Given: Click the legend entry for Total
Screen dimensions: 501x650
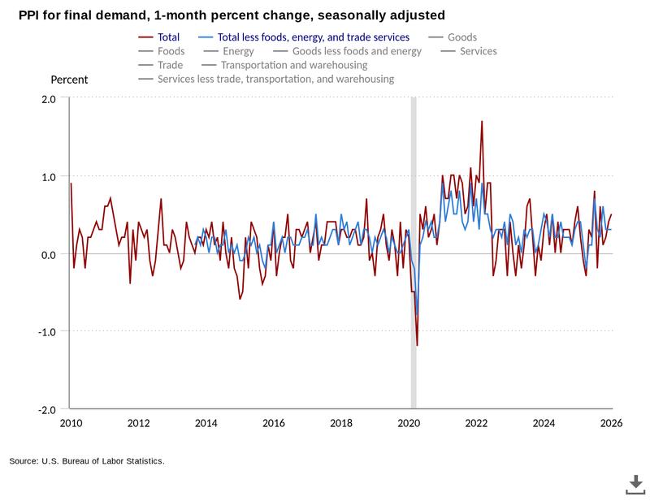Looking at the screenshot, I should [162, 37].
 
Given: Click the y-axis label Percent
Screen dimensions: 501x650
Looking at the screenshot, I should [69, 80].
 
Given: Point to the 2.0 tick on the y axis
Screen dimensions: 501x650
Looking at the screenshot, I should [49, 98].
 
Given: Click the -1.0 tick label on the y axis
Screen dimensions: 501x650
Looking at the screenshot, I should [47, 331].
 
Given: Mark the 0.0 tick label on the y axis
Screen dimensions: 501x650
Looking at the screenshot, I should [49, 254].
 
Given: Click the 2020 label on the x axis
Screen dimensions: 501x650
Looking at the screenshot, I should [409, 423].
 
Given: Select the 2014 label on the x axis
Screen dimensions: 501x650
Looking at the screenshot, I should [206, 423].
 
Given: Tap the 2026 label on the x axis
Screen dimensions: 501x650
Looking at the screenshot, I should [611, 423].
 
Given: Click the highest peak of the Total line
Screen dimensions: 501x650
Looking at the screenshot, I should [482, 122].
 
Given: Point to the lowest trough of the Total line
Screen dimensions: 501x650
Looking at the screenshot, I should [417, 346].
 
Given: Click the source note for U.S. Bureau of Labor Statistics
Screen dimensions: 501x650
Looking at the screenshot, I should [87, 461].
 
